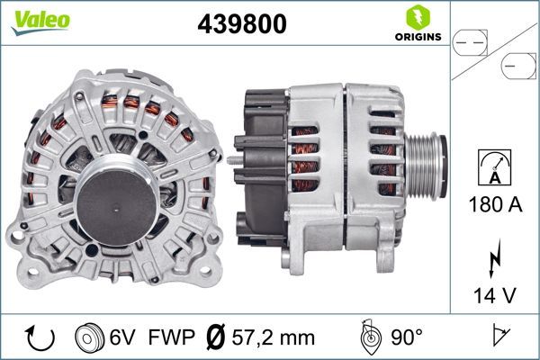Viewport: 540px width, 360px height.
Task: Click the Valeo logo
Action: point(40,20)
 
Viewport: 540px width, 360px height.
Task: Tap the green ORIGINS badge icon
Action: point(416,18)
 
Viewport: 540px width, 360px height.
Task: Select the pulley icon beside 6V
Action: point(91,338)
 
